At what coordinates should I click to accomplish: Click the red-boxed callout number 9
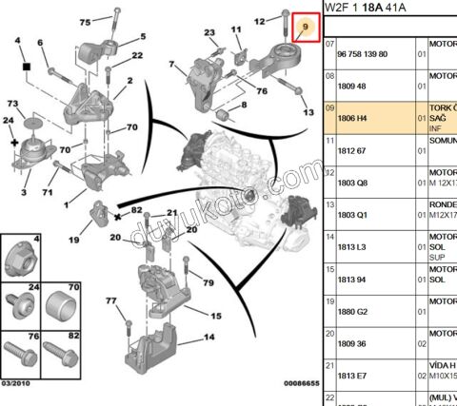coord(305,27)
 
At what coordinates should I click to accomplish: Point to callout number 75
coord(86,20)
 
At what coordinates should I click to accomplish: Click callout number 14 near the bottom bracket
coord(209,336)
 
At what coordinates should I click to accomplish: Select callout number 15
coord(216,316)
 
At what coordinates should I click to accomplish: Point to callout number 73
coord(14,103)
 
